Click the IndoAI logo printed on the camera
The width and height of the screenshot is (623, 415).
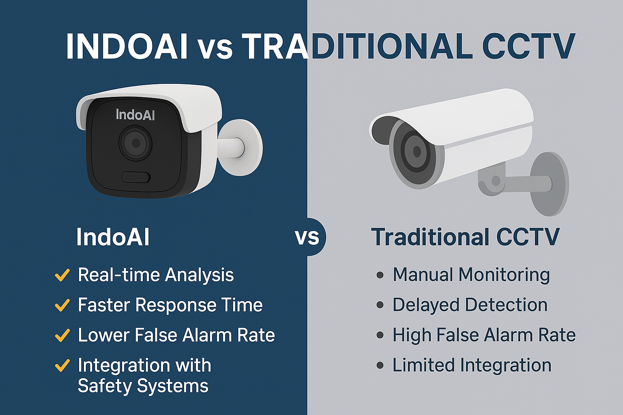tap(135, 115)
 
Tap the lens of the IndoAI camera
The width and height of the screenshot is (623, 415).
tap(135, 143)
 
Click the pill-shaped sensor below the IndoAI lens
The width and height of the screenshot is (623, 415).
tap(136, 177)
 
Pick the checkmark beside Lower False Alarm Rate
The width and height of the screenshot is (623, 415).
tap(62, 335)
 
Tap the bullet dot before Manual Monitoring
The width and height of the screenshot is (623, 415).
tap(380, 275)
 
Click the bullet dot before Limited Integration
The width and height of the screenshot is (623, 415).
tap(380, 366)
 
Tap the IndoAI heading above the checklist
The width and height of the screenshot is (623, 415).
tap(113, 237)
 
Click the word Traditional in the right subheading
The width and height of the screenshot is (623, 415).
tap(430, 237)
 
